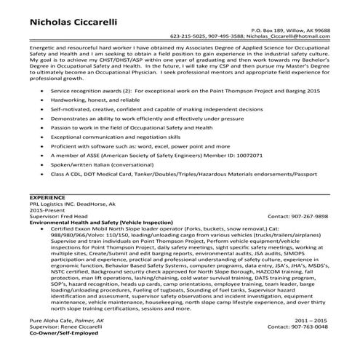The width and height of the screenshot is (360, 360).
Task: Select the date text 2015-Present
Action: coord(47,210)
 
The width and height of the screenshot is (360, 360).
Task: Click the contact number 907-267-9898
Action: coord(309,217)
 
